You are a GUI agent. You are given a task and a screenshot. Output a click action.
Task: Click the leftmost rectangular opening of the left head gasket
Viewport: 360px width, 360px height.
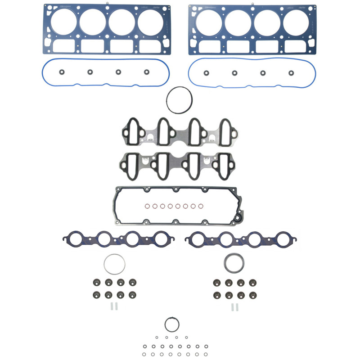(x=63, y=46)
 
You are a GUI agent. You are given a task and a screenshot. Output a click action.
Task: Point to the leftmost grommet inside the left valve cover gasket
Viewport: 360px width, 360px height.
(x=61, y=72)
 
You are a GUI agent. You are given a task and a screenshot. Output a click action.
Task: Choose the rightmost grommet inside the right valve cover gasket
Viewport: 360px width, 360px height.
(x=291, y=73)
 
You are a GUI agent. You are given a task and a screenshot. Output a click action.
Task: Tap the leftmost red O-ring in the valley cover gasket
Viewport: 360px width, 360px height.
(x=147, y=207)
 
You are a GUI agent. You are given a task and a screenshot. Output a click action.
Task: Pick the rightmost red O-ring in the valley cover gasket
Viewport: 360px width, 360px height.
(x=207, y=207)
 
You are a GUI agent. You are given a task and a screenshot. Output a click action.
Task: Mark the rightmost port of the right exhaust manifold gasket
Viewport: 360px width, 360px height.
(x=283, y=239)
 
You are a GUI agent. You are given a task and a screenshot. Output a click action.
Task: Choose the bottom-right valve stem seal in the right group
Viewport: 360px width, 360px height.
(x=253, y=295)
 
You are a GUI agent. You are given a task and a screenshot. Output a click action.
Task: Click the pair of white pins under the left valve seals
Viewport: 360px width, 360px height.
(x=113, y=307)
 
